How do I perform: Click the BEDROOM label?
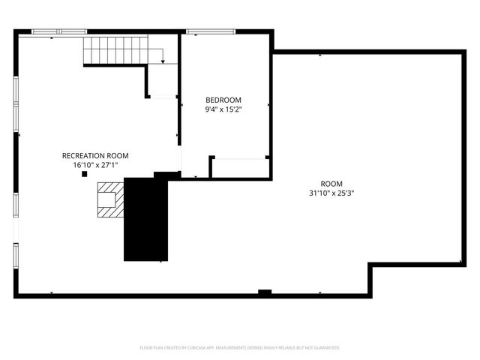223,100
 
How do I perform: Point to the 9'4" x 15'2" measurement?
223,109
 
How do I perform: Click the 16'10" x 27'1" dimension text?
95,165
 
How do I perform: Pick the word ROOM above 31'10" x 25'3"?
331,184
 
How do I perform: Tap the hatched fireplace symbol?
108,199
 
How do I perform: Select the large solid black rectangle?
147,219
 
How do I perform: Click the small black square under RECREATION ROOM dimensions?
84,174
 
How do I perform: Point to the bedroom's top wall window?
207,31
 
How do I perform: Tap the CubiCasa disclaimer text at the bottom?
240,348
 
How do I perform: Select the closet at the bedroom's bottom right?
240,167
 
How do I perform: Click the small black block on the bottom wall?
264,291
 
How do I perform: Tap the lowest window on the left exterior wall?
16,255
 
